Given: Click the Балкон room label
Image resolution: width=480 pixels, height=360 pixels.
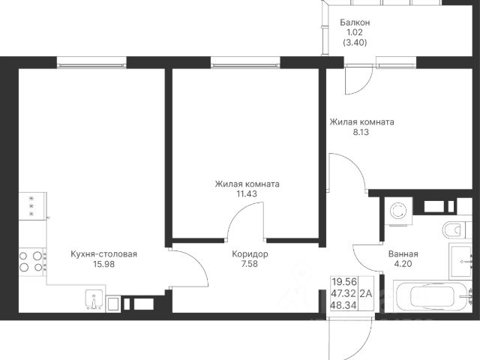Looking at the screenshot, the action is coord(355,22).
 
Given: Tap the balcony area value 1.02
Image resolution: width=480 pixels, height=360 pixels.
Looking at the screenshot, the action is coord(355,32).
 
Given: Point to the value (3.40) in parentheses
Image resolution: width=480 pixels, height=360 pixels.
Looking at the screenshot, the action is coord(355,43).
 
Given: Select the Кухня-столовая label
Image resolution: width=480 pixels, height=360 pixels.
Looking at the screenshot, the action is coord(103,254).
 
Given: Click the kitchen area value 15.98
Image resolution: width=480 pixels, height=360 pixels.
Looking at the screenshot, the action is coord(103,264).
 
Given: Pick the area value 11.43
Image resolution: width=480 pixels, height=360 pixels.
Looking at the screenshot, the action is coord(247,193).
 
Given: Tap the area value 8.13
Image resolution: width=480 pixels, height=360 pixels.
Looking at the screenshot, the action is coord(361,132).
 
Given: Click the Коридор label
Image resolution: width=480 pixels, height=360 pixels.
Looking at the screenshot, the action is coord(250,254).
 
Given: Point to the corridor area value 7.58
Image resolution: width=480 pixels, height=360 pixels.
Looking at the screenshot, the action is coord(250,264).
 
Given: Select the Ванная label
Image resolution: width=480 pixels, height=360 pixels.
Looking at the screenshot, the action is coord(403,254).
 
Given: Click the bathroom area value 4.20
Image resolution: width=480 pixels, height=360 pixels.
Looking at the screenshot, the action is coord(403,264).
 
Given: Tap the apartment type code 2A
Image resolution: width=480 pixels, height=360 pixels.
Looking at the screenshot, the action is coord(366,294).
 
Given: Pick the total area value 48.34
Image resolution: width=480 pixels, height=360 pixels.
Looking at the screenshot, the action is coord(344,305).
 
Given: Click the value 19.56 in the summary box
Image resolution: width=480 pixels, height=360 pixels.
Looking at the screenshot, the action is coord(344,283).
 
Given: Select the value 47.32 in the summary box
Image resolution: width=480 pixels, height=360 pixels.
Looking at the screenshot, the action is coord(344,294).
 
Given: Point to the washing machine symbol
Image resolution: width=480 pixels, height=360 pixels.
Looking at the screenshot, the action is coord(398,211).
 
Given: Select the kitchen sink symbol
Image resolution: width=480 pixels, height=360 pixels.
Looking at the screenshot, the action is coord(94,300).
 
